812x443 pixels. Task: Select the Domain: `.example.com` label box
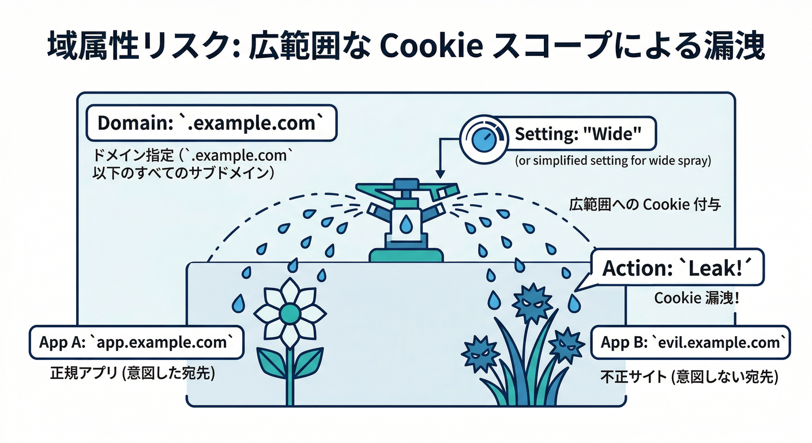pyautogui.click(x=210, y=122)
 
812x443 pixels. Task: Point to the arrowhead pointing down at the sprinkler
pyautogui.click(x=439, y=174)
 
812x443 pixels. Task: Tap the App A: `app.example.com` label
pyautogui.click(x=136, y=342)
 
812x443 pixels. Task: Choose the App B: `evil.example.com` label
pyautogui.click(x=690, y=343)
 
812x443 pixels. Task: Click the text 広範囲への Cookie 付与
pyautogui.click(x=645, y=205)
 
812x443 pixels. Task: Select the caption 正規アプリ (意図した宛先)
pyautogui.click(x=133, y=374)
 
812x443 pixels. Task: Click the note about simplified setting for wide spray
pyautogui.click(x=612, y=161)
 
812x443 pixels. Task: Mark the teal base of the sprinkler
pyautogui.click(x=406, y=254)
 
